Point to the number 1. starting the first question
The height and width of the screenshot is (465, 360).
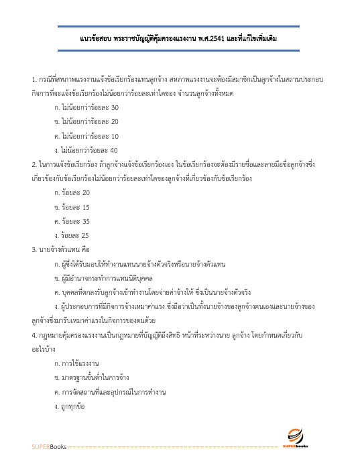click(x=34, y=78)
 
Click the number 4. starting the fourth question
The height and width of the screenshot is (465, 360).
click(x=34, y=334)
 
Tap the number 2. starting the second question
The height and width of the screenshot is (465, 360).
click(x=34, y=164)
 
